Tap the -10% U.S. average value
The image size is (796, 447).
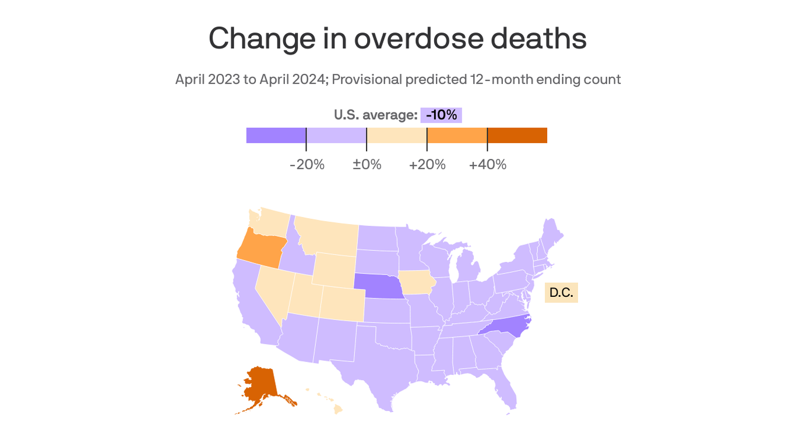pos(441,115)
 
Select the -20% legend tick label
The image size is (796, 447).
pos(307,165)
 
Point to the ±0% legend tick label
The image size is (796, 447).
pos(367,165)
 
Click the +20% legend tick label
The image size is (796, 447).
pos(427,165)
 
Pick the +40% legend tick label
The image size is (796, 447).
pos(488,165)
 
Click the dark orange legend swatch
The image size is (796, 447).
pos(517,135)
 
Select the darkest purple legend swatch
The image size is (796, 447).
pos(276,135)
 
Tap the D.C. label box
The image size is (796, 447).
pos(561,293)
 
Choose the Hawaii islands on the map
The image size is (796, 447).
pos(337,409)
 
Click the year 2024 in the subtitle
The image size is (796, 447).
pos(309,79)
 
